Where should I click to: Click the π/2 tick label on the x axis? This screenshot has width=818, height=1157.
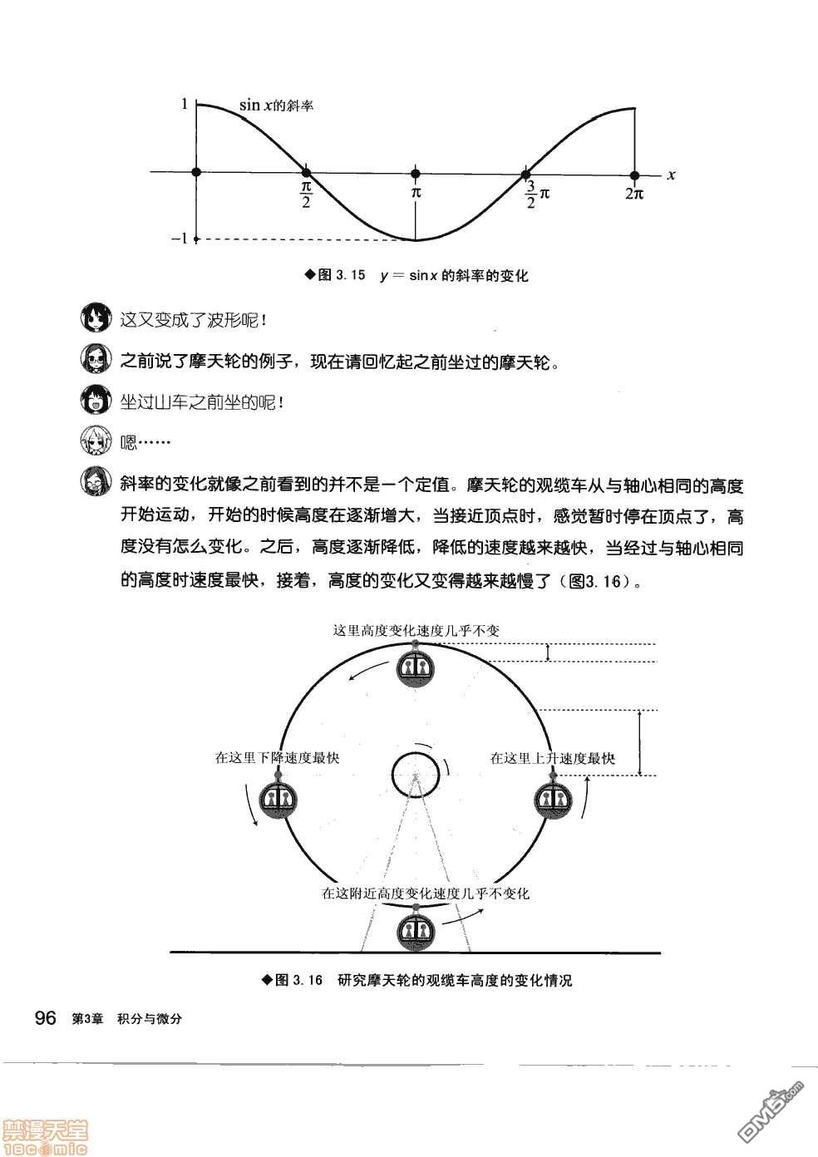[306, 196]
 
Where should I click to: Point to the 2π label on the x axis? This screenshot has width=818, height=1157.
[634, 194]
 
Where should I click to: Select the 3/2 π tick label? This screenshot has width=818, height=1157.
[537, 196]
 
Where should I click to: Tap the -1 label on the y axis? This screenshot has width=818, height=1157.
[180, 239]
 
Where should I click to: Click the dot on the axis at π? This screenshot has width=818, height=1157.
[416, 173]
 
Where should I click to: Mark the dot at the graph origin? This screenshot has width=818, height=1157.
[196, 172]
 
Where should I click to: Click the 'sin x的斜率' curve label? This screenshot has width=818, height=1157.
[276, 106]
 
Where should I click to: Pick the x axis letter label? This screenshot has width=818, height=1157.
[671, 175]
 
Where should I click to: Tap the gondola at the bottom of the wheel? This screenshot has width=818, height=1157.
[415, 930]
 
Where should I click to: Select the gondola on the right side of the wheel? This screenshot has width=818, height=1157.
[552, 799]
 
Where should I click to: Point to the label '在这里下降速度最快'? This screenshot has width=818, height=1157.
[277, 757]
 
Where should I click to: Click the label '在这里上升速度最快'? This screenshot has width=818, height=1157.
[552, 757]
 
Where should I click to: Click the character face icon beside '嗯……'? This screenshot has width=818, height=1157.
[96, 441]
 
